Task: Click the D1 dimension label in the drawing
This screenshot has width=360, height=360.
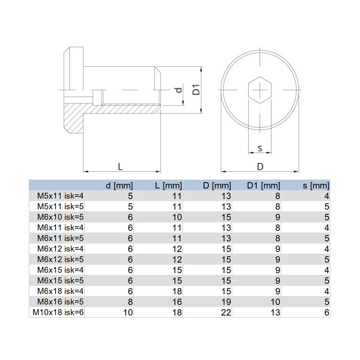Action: pyautogui.click(x=196, y=89)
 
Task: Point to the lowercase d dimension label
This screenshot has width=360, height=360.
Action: pyautogui.click(x=179, y=90)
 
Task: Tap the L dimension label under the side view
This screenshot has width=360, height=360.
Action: pyautogui.click(x=120, y=166)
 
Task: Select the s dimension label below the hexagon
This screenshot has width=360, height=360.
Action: pyautogui.click(x=260, y=148)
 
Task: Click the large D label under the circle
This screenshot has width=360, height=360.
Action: pyautogui.click(x=260, y=166)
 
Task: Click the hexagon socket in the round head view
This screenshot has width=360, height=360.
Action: pyautogui.click(x=260, y=90)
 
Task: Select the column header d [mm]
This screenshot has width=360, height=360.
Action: pyautogui.click(x=119, y=186)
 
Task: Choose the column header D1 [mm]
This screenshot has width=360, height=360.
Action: pyautogui.click(x=263, y=186)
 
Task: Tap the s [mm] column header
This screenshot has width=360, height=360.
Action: pyautogui.click(x=316, y=186)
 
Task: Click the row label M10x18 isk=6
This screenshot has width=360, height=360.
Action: pyautogui.click(x=58, y=312)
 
